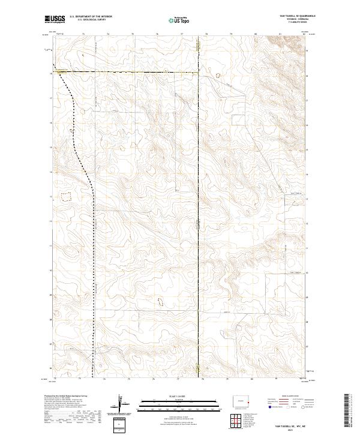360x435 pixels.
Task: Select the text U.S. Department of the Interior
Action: pyautogui.click(x=90, y=17)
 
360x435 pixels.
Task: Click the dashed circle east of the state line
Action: pyautogui.click(x=217, y=76)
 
